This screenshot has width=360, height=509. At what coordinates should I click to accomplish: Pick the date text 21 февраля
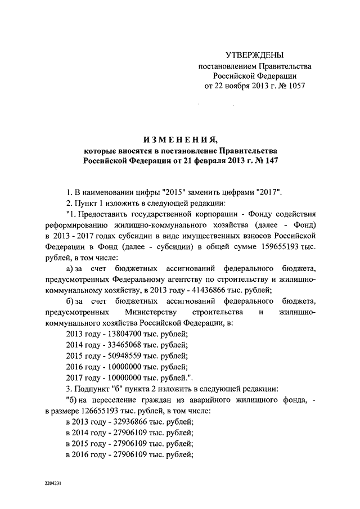pos(203,160)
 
